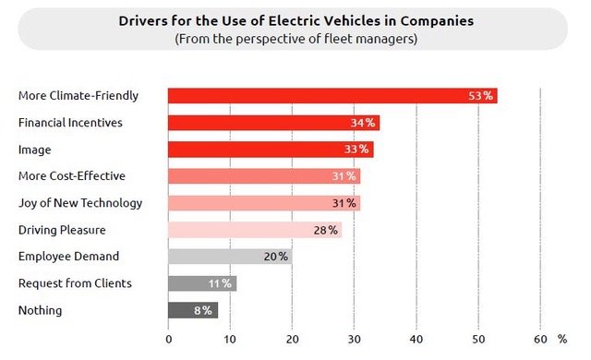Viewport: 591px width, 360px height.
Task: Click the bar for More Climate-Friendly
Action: tap(332, 96)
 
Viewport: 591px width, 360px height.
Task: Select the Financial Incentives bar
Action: tap(273, 123)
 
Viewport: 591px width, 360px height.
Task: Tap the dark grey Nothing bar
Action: tap(193, 310)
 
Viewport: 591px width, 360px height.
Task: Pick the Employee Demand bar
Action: tap(230, 257)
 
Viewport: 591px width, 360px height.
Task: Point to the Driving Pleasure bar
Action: tap(255, 230)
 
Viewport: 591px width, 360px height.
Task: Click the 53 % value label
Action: tap(480, 96)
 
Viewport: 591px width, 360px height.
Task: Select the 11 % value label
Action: tap(220, 283)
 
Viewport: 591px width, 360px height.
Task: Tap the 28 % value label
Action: tap(326, 230)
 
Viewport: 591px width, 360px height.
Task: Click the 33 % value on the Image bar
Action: tap(356, 150)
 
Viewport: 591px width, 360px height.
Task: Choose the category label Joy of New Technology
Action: tap(80, 203)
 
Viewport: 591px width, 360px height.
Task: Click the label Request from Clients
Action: tap(75, 283)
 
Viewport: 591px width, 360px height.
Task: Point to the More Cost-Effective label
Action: tap(72, 176)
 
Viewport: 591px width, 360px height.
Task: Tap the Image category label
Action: tap(35, 150)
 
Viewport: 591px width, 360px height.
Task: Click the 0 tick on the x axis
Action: tap(168, 340)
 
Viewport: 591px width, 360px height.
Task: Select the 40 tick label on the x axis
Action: tap(416, 340)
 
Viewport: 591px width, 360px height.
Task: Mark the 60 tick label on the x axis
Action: tap(540, 340)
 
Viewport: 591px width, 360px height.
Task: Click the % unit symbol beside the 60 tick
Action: tap(562, 340)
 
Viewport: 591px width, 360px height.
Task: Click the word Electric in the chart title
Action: tap(294, 21)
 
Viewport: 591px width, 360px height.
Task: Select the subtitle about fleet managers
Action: tap(296, 39)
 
